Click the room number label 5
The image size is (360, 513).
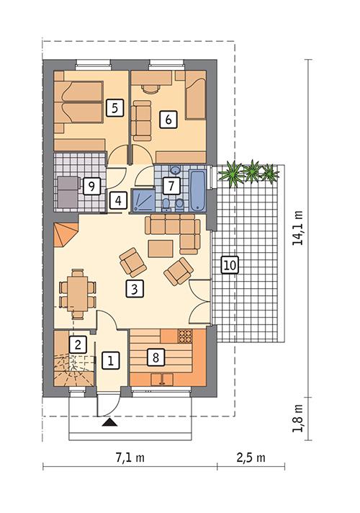point(112,108)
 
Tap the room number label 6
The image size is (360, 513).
point(168,120)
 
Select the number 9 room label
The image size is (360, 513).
point(90,186)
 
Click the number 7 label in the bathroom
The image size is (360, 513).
point(170,185)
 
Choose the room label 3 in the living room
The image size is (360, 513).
point(132,290)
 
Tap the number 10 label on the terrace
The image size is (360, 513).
point(228,265)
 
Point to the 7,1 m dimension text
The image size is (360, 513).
point(131,458)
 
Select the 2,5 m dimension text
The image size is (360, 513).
point(251,458)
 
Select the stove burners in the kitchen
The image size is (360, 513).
point(184,336)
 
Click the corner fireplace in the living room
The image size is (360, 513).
point(65,234)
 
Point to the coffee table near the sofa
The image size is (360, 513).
point(161,248)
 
